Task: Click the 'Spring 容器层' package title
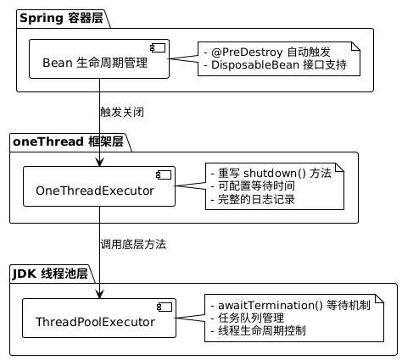[61, 19]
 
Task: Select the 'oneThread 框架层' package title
[68, 141]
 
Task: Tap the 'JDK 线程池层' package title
[50, 274]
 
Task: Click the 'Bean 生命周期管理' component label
[95, 63]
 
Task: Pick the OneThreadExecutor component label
[95, 191]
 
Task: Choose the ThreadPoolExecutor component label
[95, 322]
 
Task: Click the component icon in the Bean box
[158, 48]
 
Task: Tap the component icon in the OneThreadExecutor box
[164, 175]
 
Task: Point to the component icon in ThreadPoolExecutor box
[165, 307]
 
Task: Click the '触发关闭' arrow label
[122, 112]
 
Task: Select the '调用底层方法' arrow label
[133, 244]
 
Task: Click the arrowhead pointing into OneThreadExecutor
[99, 162]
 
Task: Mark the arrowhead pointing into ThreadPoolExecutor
[99, 294]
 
